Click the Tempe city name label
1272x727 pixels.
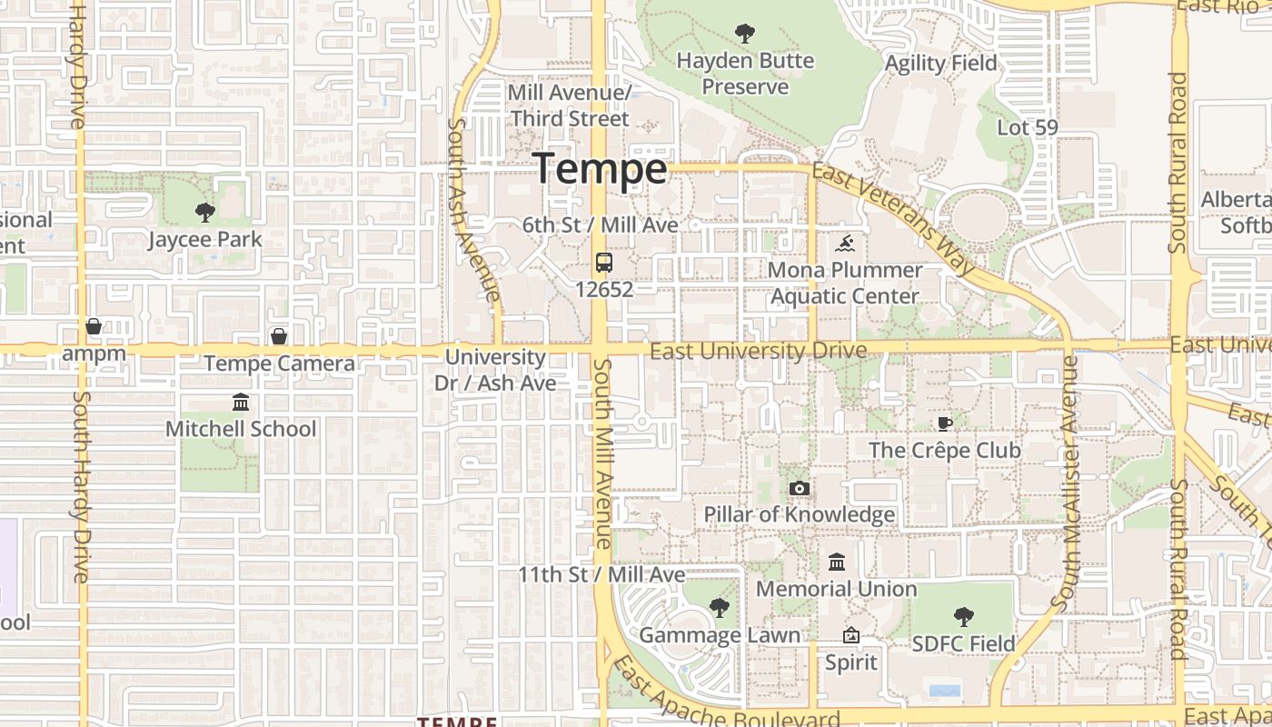pos(600,169)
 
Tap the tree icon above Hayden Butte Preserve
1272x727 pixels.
pos(745,35)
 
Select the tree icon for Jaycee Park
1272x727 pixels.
pos(205,213)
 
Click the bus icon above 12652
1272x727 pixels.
pos(603,263)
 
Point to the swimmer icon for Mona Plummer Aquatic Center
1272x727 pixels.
pos(845,244)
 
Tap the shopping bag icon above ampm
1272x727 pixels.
pos(94,326)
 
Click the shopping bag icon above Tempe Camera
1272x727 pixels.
pos(279,336)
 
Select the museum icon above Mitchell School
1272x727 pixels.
pos(241,402)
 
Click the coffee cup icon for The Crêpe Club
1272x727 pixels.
pos(944,423)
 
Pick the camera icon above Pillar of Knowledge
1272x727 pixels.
pos(799,489)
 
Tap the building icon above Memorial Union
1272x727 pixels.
pos(837,563)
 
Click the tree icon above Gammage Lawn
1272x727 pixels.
pos(719,608)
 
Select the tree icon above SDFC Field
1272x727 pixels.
pos(963,617)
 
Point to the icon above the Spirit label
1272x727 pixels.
pos(851,635)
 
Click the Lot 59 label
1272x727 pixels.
pos(1028,127)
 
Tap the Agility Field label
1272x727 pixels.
pos(940,64)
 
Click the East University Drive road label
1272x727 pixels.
pos(759,351)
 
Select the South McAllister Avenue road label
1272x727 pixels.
pos(1065,482)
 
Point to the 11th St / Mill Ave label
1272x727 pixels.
pos(601,575)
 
